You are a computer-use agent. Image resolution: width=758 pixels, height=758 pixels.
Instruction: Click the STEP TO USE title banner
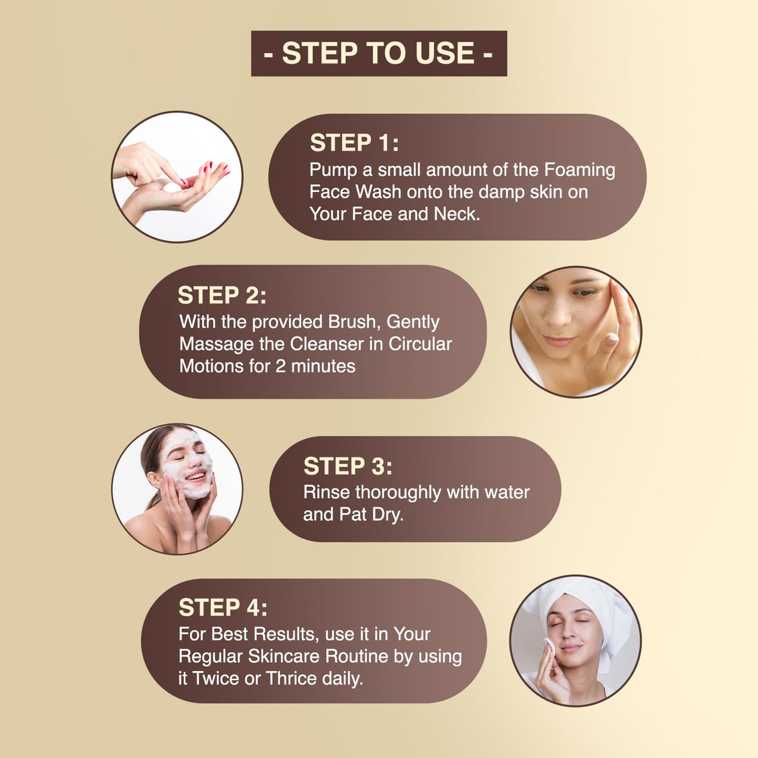pos(379,53)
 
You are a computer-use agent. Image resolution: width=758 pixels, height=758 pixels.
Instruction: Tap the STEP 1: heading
pos(354,143)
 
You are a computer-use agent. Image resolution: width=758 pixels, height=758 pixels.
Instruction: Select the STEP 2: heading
pos(222,295)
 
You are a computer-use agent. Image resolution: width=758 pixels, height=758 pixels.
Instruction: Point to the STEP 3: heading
pos(348,466)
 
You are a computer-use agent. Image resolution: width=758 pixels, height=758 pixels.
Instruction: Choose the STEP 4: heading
pos(223,608)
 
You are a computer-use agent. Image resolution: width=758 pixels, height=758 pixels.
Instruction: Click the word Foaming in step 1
pos(580,170)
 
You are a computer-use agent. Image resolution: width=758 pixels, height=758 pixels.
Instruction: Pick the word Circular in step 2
pos(420,344)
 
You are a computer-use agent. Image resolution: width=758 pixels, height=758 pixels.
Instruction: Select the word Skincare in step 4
pos(284,656)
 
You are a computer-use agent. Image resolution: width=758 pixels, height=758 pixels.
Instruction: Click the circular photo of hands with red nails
pos(177,177)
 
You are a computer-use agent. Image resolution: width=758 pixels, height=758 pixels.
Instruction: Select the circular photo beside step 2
pos(576,332)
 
